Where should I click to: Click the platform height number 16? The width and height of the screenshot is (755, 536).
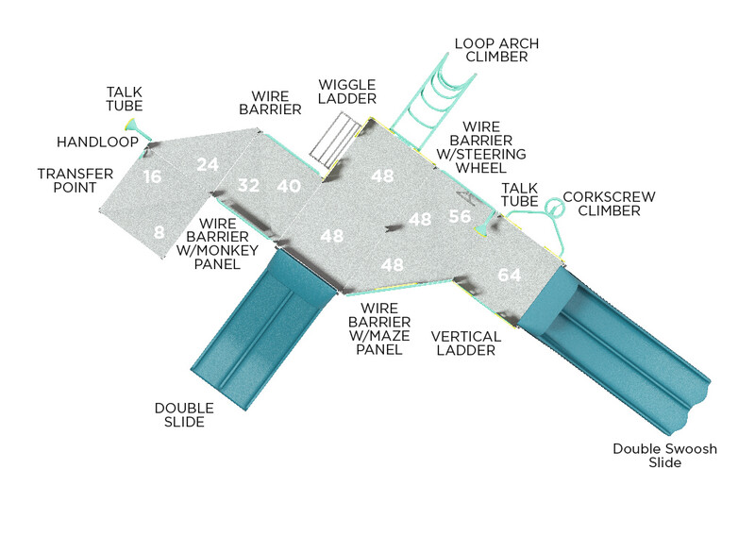point(153,176)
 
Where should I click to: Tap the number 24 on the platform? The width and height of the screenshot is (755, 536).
point(208,164)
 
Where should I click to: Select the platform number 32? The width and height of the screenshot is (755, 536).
point(248,185)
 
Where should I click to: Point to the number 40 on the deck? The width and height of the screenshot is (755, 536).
point(289,187)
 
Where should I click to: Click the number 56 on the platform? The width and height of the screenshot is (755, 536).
point(460,216)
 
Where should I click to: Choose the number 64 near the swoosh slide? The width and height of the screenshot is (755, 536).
point(510,275)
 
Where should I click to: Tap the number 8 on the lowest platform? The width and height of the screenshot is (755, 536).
point(159,231)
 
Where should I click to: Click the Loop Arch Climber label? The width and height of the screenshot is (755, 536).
point(491,50)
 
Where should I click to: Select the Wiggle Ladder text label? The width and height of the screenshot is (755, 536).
point(346,92)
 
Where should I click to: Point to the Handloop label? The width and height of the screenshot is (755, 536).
point(97,142)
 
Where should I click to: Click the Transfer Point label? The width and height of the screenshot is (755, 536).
point(75,180)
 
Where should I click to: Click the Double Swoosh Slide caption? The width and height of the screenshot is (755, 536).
point(664,456)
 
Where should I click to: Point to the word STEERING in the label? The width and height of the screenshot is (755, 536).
point(492,154)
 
